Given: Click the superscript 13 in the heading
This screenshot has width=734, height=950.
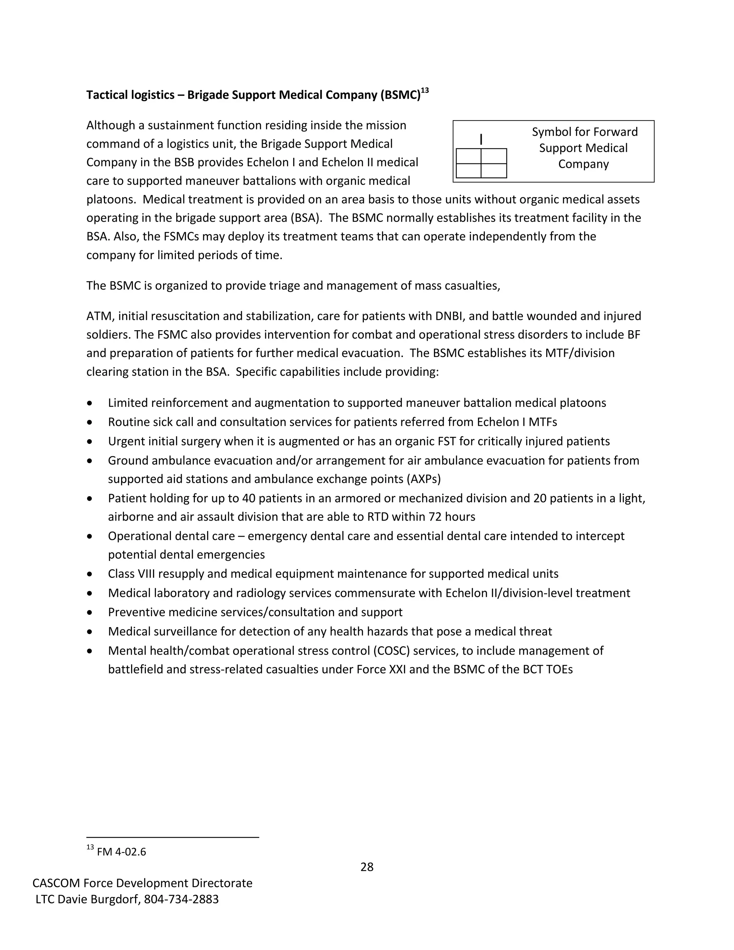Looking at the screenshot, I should (425, 90).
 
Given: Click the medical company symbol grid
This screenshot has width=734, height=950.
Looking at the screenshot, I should (481, 163).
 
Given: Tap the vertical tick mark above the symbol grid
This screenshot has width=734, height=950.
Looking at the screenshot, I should (481, 139).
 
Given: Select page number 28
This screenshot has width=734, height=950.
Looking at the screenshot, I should (367, 867).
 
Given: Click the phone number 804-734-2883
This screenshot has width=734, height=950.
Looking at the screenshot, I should (181, 899).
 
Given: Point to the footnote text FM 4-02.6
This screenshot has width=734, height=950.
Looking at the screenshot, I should (121, 852).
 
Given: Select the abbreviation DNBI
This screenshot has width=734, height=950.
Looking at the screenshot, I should (448, 316).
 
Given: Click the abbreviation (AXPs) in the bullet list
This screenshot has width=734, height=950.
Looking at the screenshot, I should (424, 479).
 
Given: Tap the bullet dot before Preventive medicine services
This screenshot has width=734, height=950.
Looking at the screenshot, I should (90, 612).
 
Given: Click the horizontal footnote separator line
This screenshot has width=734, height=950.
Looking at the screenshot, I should (173, 837).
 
